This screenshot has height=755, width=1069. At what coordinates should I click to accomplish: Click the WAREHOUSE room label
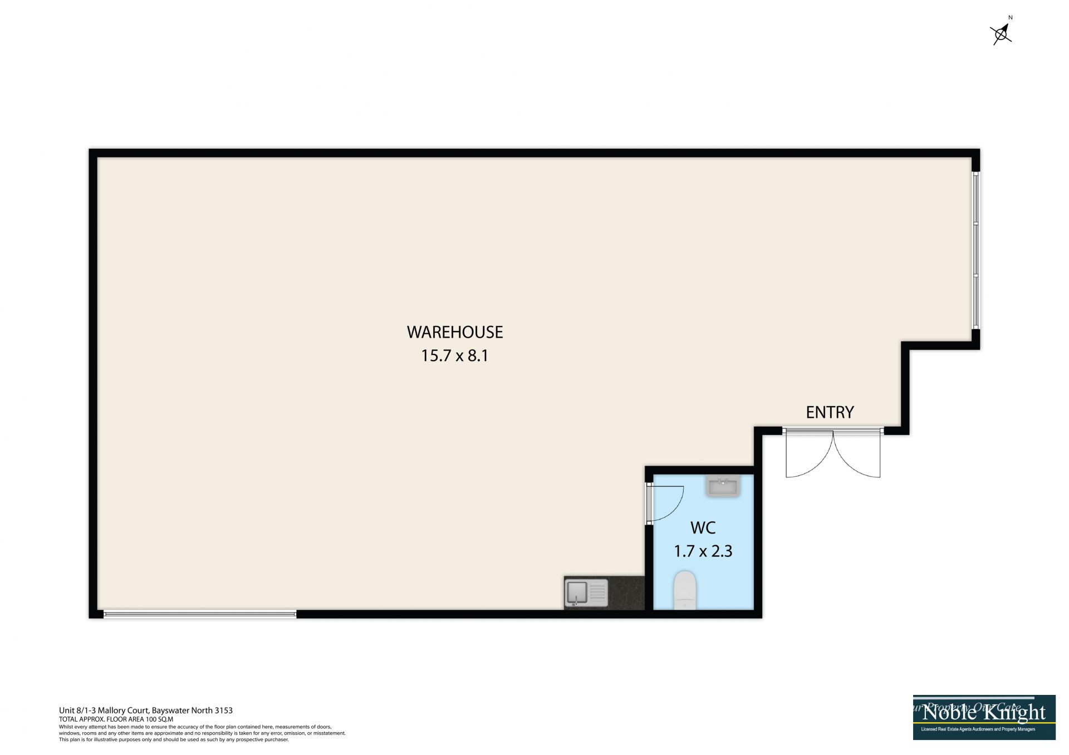tap(455, 332)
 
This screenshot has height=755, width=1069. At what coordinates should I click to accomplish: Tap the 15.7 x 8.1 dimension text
tap(454, 356)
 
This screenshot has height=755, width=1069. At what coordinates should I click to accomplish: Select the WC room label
tap(703, 527)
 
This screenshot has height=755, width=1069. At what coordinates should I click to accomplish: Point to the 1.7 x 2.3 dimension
tap(703, 551)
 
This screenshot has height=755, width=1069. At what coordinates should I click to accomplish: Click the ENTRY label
tap(830, 412)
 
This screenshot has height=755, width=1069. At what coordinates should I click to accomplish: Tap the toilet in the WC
tap(685, 590)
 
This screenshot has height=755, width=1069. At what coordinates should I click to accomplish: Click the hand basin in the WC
tap(723, 486)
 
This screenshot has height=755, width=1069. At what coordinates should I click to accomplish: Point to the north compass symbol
tap(1001, 34)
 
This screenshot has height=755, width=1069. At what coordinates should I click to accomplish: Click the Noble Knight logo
tap(984, 717)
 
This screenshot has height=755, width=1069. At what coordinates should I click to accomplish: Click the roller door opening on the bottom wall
tap(199, 614)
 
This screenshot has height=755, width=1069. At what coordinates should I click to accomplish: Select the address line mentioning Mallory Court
tap(146, 710)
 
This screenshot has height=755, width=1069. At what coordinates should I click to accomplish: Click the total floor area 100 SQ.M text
tap(116, 719)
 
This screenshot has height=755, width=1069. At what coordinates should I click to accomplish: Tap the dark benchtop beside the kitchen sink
tap(626, 593)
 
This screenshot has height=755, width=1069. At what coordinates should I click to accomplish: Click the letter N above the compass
tap(1011, 18)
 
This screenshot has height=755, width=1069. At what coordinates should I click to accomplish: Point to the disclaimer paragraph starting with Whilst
tap(202, 733)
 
